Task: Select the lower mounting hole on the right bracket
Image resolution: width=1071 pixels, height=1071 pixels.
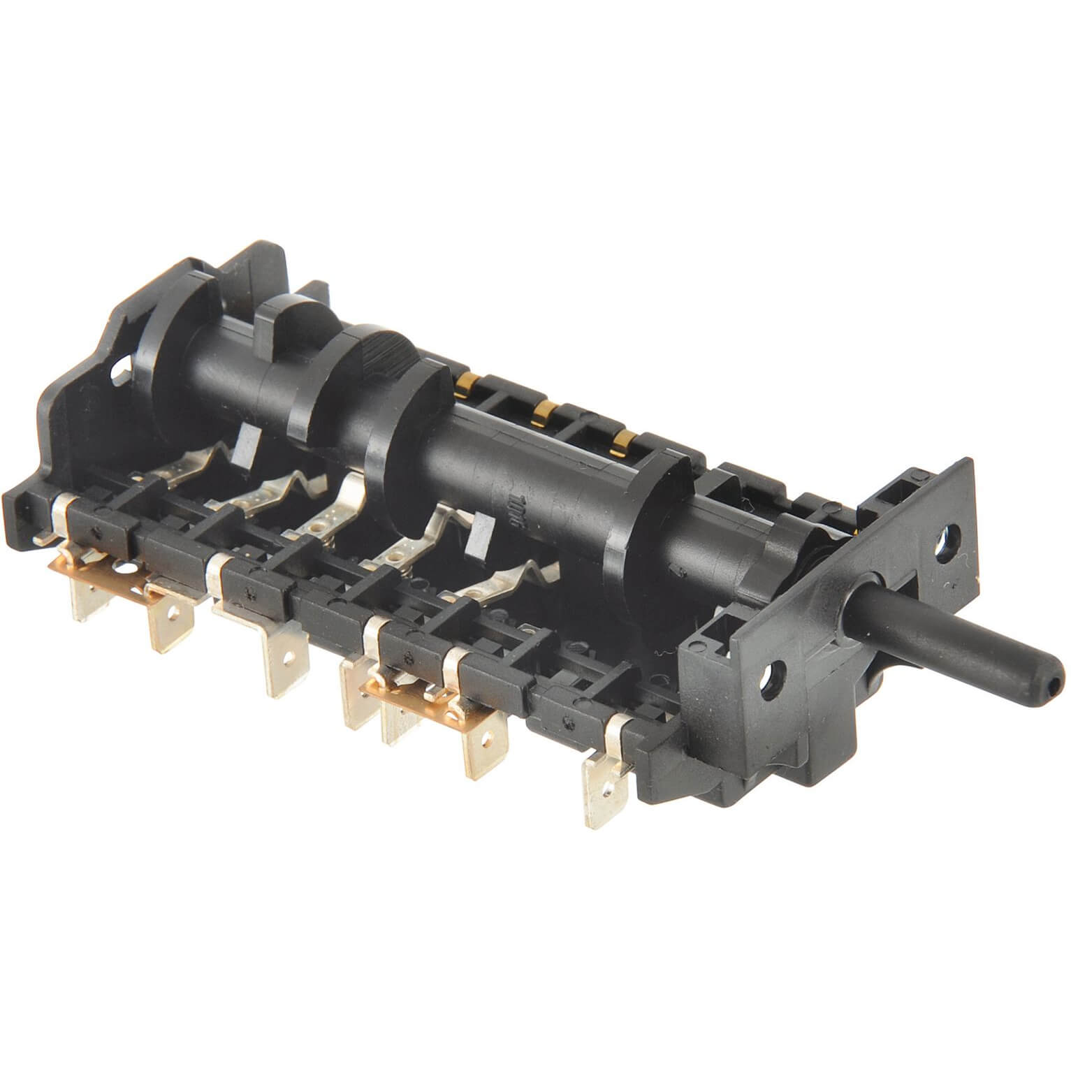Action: (x=774, y=675)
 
